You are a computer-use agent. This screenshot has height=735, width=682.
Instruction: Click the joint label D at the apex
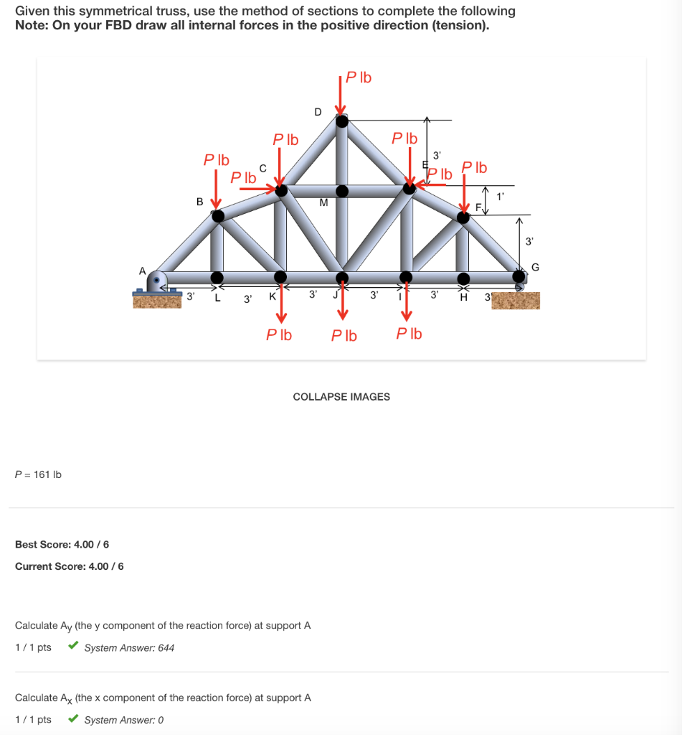click(318, 111)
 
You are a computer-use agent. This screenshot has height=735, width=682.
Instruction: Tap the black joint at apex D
click(343, 121)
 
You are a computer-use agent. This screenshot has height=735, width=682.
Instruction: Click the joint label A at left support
click(142, 271)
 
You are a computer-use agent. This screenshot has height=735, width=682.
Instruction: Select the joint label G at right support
click(535, 268)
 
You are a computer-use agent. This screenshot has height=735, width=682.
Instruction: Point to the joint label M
click(323, 203)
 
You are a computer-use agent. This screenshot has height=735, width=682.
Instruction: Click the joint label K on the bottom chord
click(272, 296)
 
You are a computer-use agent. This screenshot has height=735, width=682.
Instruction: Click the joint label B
click(200, 202)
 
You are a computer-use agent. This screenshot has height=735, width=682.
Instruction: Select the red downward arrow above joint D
click(342, 94)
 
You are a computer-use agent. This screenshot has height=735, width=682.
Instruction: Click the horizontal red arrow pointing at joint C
click(257, 189)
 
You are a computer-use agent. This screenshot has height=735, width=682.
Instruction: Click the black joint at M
click(343, 191)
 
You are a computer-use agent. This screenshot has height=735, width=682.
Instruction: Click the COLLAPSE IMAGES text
click(341, 397)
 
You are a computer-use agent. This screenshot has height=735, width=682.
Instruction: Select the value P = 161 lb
click(39, 474)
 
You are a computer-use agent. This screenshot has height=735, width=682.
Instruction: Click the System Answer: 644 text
click(129, 647)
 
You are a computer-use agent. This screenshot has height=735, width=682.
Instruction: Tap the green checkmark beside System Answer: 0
click(73, 719)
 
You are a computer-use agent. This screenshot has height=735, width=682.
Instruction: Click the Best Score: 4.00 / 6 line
click(62, 545)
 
